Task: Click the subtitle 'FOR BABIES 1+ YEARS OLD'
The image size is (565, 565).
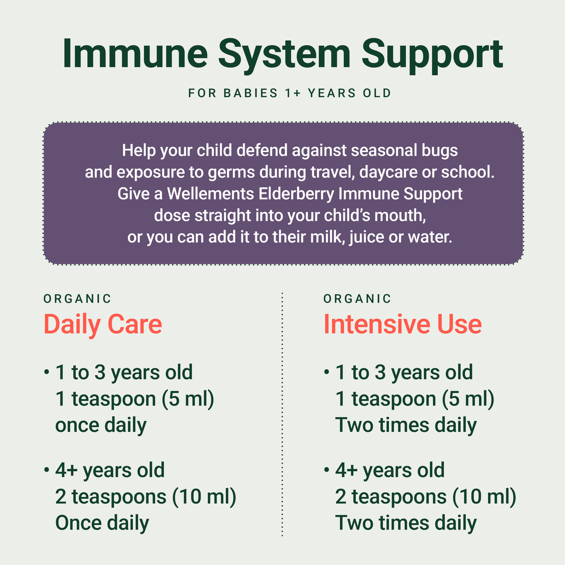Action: click(x=290, y=93)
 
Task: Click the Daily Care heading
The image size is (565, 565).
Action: click(x=102, y=324)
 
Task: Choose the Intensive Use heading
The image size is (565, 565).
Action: click(x=402, y=324)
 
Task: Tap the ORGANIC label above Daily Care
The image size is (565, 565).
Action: click(x=77, y=299)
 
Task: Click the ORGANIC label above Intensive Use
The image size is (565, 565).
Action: click(x=357, y=299)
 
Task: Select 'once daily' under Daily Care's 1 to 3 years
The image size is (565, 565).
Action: click(x=101, y=425)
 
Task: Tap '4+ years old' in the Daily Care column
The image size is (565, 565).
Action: click(x=110, y=470)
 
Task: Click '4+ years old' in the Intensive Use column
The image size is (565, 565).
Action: click(x=390, y=470)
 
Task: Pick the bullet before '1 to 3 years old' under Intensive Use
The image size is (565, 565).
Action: click(x=326, y=371)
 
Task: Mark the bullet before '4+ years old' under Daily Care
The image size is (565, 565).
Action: click(x=47, y=469)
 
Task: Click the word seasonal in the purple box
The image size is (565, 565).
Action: click(x=389, y=151)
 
